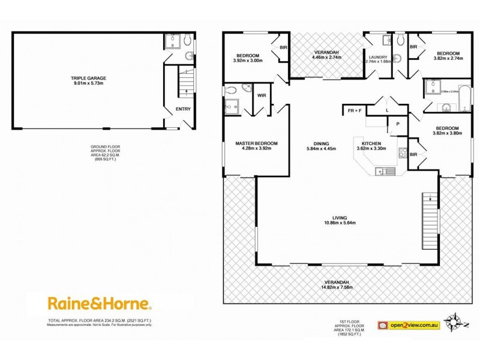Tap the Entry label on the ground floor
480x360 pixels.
click(182, 109)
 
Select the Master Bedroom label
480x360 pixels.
click(256, 143)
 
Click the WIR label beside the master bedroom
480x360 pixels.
click(262, 95)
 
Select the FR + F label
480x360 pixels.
click(354, 110)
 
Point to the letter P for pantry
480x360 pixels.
click(397, 125)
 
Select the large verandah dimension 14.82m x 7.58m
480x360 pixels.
click(337, 287)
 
